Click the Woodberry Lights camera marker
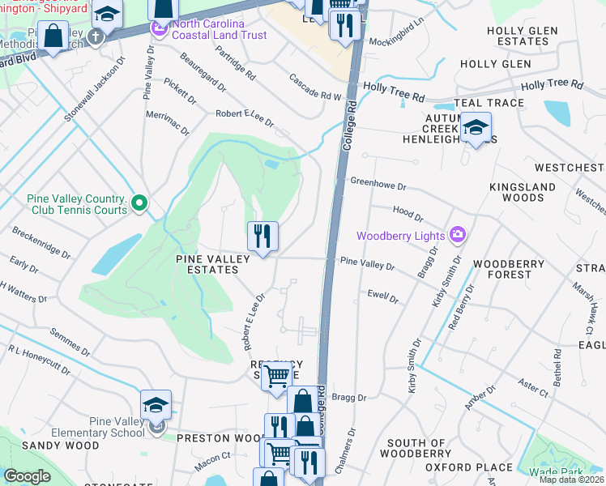pos(459,236)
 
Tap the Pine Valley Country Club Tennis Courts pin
pos(139,202)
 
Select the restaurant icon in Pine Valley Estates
pos(262,237)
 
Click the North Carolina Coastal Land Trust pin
pos(159,30)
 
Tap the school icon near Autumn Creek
pos(476,128)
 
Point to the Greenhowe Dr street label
pos(377,185)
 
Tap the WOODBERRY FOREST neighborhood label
pos(502,270)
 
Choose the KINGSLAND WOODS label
pos(516,192)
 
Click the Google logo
pos(27,476)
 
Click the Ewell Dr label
pos(383,297)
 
